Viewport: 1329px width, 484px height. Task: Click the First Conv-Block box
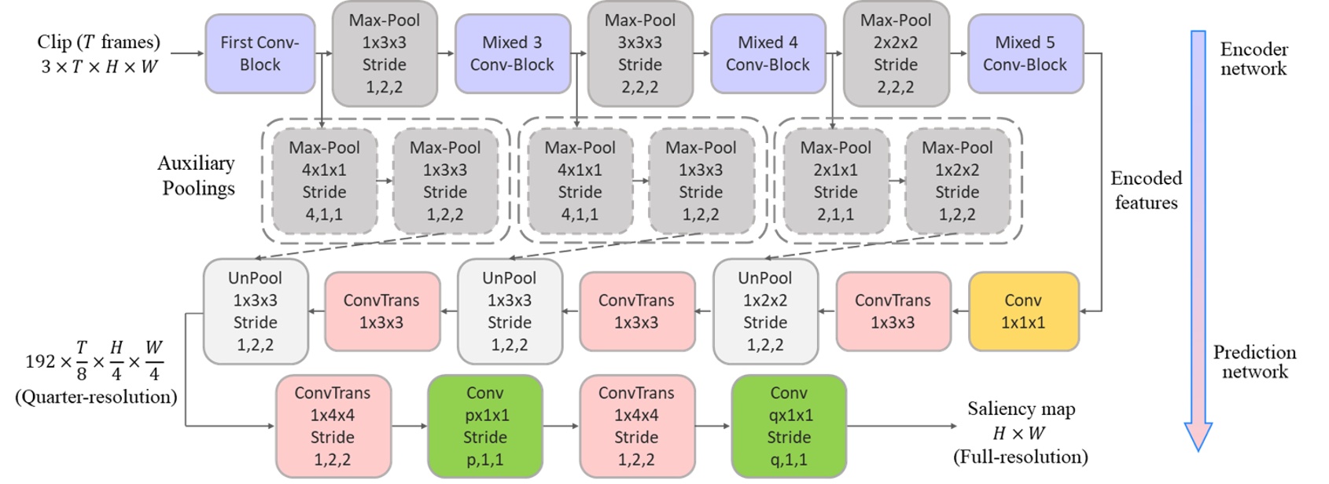(260, 53)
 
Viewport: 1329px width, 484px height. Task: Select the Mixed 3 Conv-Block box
(512, 53)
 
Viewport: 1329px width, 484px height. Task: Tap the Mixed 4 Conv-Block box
(768, 53)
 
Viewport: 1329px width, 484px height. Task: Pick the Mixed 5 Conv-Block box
(1025, 53)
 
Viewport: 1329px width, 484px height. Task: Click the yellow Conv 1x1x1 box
(1023, 311)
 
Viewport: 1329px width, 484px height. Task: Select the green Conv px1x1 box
(484, 427)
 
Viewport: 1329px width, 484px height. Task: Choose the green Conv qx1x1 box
(788, 427)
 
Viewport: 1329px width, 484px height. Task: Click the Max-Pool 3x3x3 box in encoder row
(639, 53)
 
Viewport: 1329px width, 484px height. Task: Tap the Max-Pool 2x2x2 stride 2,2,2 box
(895, 53)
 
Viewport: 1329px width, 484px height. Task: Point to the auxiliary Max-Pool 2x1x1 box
(835, 181)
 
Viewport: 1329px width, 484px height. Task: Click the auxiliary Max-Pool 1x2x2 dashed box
(957, 181)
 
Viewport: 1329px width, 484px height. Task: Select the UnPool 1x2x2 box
(764, 311)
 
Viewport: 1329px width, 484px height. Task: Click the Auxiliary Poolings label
(197, 175)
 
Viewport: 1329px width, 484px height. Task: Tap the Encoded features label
(1146, 190)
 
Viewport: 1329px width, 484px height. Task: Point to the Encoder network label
(1254, 59)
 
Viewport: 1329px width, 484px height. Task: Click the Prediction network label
(1254, 361)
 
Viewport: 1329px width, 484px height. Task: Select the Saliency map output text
(1021, 409)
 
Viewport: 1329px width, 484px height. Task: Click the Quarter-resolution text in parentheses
(96, 397)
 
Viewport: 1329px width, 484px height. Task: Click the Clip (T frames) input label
(98, 42)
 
